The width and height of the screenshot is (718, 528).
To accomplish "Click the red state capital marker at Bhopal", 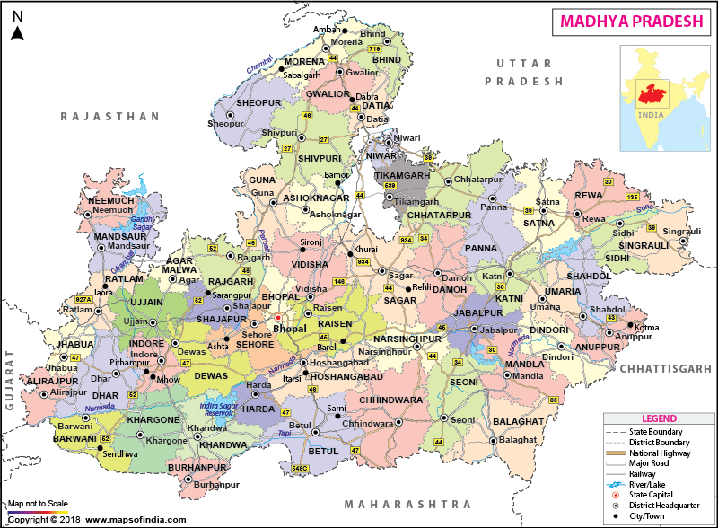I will pyautogui.click(x=278, y=317).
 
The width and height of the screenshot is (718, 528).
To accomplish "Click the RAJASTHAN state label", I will pyautogui.click(x=110, y=117).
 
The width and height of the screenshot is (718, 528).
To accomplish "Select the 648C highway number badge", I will pyautogui.click(x=300, y=469).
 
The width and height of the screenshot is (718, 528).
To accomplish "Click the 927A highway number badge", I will pyautogui.click(x=83, y=299).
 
